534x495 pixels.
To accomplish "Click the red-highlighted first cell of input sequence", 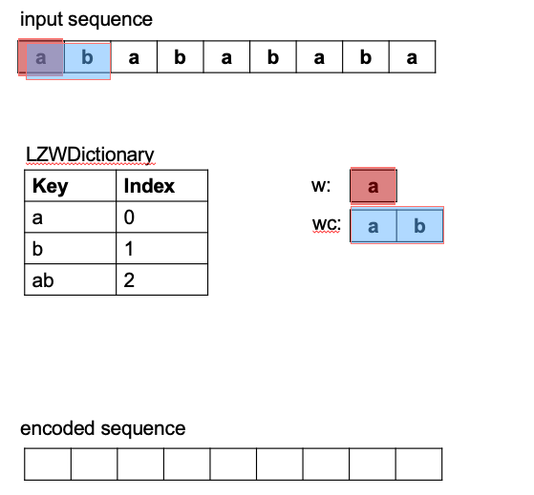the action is [x=41, y=57].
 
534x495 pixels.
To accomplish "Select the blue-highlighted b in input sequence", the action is [x=87, y=57].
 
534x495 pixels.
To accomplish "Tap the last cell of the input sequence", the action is [x=412, y=57].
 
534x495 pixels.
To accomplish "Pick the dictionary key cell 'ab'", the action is [x=70, y=279].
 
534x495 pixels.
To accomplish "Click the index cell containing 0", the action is [x=161, y=217].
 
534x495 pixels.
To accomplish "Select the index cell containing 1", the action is [x=161, y=249].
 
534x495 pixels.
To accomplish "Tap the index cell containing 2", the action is [x=161, y=279].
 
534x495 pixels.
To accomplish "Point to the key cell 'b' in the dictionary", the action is [x=70, y=249].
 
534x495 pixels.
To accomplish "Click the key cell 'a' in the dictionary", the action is [x=70, y=217].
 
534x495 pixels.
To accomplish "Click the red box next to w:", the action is [x=374, y=186].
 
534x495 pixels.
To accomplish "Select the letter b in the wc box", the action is [x=420, y=226].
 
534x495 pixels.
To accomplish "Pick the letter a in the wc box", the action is [x=374, y=226].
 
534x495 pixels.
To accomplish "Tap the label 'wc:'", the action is [x=327, y=224].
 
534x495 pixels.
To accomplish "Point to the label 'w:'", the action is [x=321, y=186].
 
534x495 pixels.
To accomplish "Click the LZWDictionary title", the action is [x=90, y=155].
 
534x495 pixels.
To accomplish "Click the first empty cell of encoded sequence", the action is [x=48, y=464].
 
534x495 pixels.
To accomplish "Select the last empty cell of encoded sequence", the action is [x=419, y=464].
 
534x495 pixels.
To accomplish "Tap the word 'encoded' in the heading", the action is [x=57, y=428].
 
